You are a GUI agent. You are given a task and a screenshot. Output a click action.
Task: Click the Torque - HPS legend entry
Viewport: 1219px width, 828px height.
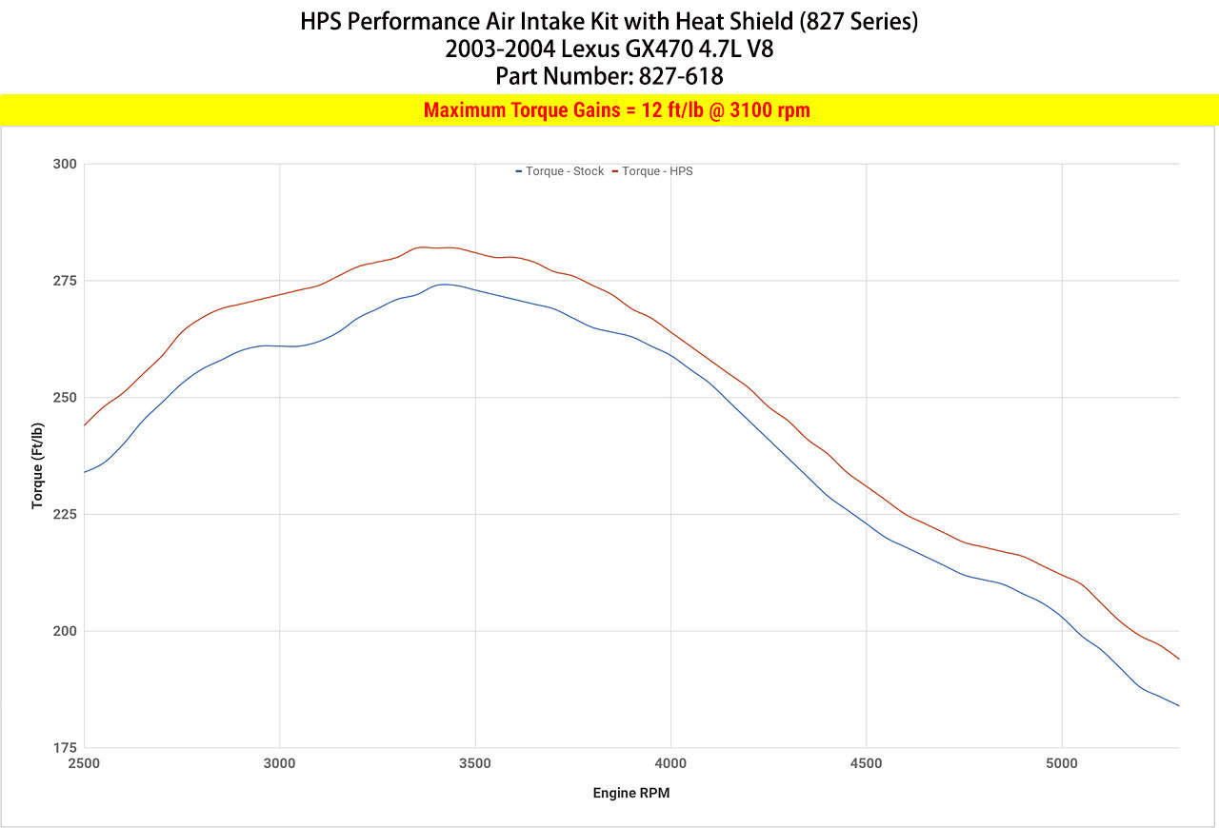tap(656, 171)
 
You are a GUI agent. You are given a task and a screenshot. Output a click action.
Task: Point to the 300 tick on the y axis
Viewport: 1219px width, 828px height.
tap(64, 164)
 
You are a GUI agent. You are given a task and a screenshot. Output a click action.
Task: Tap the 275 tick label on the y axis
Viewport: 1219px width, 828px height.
tap(64, 281)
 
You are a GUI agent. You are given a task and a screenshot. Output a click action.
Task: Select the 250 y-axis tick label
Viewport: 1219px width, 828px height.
tap(64, 398)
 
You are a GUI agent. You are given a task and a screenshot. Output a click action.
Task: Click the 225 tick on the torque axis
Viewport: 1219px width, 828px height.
tap(64, 514)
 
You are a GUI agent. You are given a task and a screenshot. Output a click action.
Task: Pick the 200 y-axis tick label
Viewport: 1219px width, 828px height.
tap(64, 631)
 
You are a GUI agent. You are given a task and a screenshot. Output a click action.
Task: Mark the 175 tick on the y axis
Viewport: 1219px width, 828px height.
tap(64, 748)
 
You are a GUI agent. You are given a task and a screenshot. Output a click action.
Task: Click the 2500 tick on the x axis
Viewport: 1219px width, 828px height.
tap(84, 763)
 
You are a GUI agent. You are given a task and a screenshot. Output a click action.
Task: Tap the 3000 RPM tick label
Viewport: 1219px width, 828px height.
tap(279, 763)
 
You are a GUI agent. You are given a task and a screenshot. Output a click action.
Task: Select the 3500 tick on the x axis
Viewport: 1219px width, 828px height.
tap(475, 763)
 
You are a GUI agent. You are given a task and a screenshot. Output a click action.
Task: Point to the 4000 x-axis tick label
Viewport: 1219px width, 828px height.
tap(670, 763)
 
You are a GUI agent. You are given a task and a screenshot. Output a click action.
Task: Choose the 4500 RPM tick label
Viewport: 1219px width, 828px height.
tap(866, 763)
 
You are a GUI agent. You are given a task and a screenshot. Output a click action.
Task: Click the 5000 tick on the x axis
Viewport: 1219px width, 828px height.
tap(1061, 763)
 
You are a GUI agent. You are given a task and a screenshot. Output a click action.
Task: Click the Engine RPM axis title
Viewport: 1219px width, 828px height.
tap(631, 793)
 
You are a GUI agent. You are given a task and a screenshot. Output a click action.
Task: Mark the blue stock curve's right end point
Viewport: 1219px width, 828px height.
tap(1179, 705)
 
